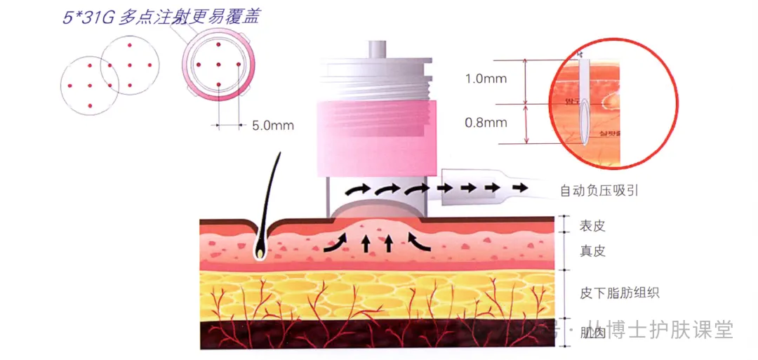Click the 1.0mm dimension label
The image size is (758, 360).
(485, 79)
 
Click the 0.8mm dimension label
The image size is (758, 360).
(485, 123)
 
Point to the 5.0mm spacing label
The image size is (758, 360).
(272, 126)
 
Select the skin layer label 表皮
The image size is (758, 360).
(592, 226)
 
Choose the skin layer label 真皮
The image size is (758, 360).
(592, 251)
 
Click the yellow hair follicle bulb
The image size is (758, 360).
(260, 248)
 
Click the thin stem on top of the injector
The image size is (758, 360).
(378, 51)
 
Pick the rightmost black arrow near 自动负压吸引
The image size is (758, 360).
(519, 187)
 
